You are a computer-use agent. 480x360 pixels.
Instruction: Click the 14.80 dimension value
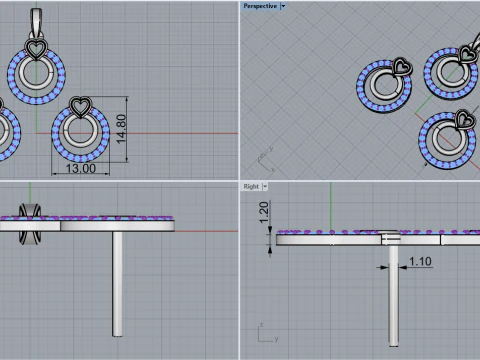122,129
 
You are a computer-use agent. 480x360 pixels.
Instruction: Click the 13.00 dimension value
81,168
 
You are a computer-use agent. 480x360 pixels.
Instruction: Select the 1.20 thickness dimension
263,212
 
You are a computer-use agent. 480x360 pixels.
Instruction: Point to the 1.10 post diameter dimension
420,261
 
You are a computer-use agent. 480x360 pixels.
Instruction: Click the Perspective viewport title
260,6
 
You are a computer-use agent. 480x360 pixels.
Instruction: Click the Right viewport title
251,187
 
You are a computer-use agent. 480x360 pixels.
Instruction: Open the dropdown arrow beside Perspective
283,6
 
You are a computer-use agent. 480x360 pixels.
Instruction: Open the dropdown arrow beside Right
265,187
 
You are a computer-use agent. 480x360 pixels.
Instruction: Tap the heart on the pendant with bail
36,49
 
